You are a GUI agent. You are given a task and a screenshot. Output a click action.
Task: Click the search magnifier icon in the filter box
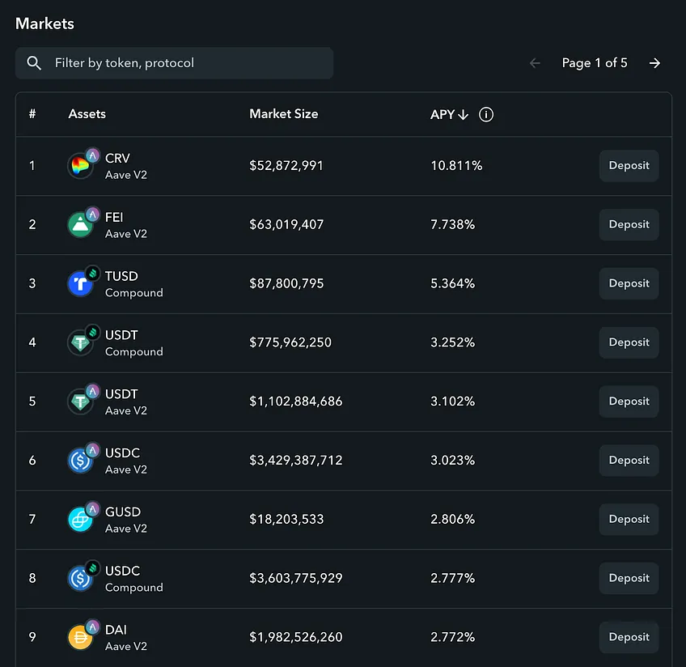tap(34, 63)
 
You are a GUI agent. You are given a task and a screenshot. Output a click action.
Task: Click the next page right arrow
tap(654, 63)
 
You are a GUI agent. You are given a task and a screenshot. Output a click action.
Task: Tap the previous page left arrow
tap(535, 63)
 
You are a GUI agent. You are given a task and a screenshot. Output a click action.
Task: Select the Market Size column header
tap(283, 114)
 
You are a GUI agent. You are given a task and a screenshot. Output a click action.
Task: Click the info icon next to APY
tap(486, 114)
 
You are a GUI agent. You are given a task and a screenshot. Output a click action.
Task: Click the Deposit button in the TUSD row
tap(629, 283)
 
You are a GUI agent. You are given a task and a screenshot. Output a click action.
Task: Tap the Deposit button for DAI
tap(629, 637)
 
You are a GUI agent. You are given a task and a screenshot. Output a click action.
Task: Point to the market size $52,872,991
tap(286, 165)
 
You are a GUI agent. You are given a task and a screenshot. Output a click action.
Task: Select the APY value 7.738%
tap(452, 224)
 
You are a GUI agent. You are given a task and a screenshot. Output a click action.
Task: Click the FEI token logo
tap(80, 224)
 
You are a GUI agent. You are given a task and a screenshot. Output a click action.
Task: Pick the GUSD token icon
tap(80, 519)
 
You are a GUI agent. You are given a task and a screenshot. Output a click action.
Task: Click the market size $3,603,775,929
tap(296, 578)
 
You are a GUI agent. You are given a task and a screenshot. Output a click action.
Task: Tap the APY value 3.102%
tap(452, 401)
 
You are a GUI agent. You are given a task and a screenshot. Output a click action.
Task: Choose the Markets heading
tap(44, 23)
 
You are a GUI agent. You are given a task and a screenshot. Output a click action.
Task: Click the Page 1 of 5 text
tap(595, 63)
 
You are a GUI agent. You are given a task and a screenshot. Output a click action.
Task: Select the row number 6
tap(32, 460)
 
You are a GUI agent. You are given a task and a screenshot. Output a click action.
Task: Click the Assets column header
tap(87, 114)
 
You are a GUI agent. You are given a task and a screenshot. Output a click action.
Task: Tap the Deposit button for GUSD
tap(629, 519)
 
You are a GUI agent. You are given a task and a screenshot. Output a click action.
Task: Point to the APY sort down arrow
tap(463, 115)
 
